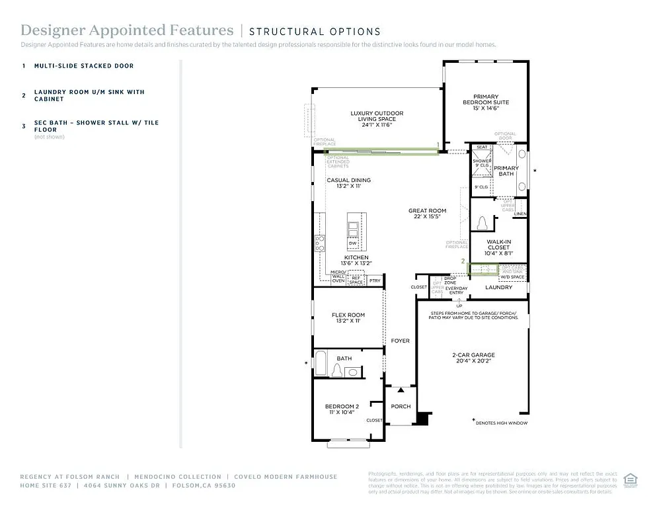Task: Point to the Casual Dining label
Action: pos(348,183)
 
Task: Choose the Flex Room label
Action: pos(348,317)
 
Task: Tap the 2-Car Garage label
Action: pos(473,358)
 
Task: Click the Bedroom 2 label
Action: pos(341,409)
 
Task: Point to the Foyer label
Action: pos(400,341)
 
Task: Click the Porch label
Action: pos(401,406)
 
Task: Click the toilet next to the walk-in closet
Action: pos(482,222)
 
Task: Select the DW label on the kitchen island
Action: pos(353,243)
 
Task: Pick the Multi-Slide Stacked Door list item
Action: pos(84,66)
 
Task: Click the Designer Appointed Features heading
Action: pos(127,30)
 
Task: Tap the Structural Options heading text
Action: pos(315,31)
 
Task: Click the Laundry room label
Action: pos(498,288)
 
